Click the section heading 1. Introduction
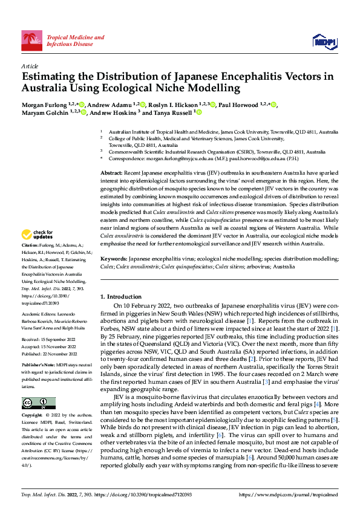point(123,297)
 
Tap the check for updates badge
point(38,234)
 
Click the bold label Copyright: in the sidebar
point(33,416)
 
